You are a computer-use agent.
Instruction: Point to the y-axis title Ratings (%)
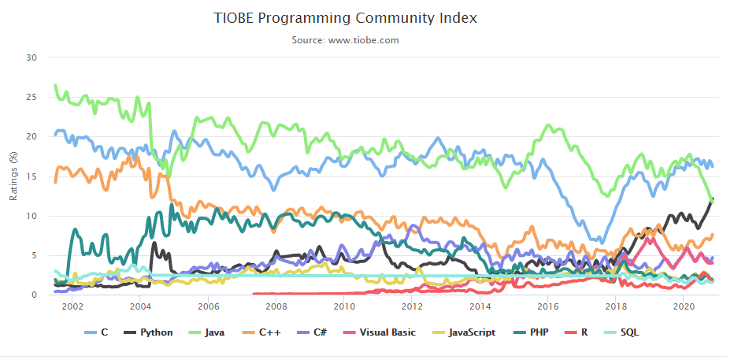click(x=13, y=176)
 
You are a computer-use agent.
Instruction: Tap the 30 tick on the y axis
click(x=32, y=58)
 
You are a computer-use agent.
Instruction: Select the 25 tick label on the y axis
click(x=32, y=97)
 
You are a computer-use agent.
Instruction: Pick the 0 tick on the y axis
click(x=35, y=295)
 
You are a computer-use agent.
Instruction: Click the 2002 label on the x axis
click(x=72, y=306)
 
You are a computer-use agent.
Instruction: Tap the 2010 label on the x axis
click(x=344, y=306)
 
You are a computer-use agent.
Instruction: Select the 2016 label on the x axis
click(x=548, y=306)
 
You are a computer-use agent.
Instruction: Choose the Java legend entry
click(x=207, y=332)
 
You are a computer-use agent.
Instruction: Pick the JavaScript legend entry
click(x=465, y=332)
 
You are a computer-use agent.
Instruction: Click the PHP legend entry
click(x=533, y=332)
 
